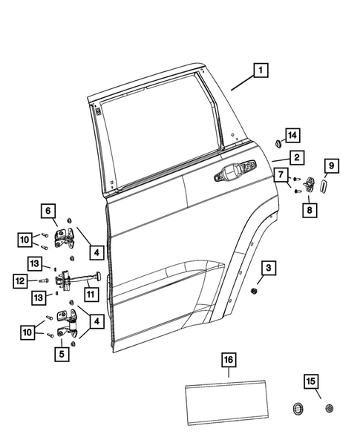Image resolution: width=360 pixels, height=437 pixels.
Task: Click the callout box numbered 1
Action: [260, 71]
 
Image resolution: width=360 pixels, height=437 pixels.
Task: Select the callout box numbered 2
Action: [295, 157]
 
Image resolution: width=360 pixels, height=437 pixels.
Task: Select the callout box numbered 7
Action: [283, 175]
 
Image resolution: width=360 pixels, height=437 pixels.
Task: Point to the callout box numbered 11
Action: [91, 295]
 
